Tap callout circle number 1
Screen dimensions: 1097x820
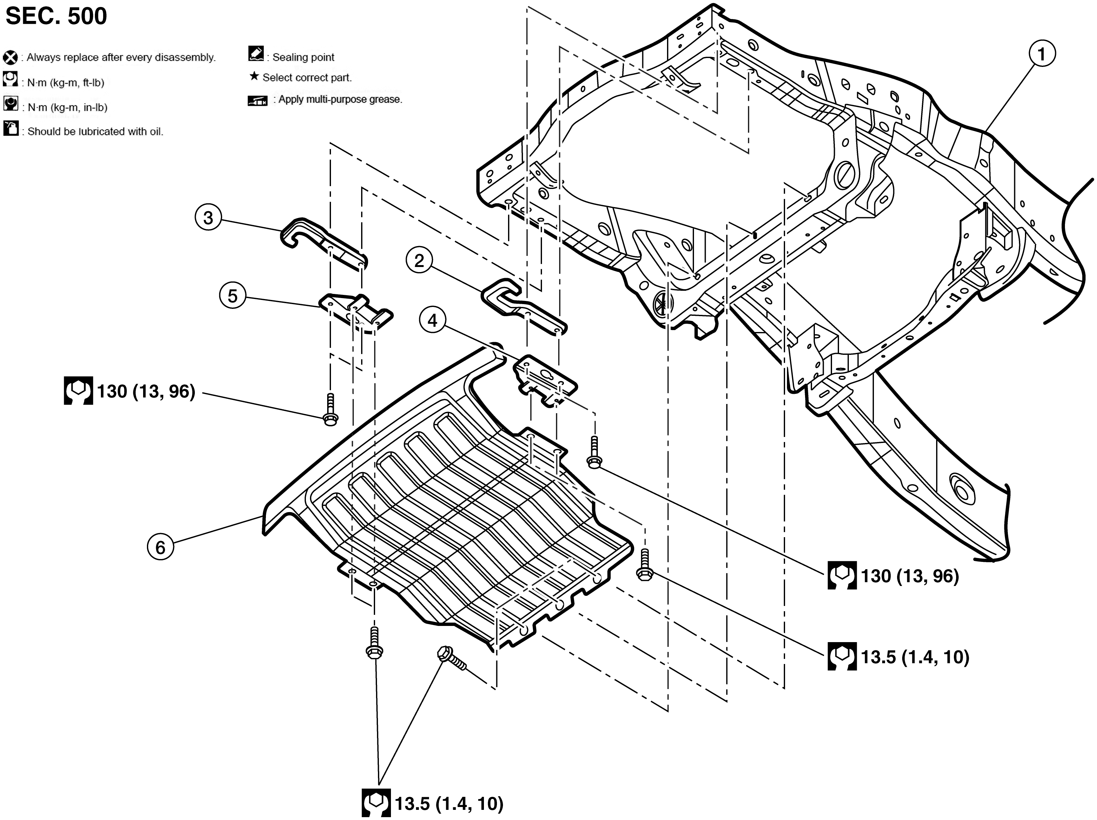click(1041, 54)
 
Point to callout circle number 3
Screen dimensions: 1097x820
click(208, 218)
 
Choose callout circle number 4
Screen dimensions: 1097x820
click(433, 321)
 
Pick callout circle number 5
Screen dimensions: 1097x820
click(233, 296)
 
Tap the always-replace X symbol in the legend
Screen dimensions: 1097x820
click(10, 57)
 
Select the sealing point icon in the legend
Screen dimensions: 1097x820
click(256, 54)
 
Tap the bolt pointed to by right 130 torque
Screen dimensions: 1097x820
click(594, 452)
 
